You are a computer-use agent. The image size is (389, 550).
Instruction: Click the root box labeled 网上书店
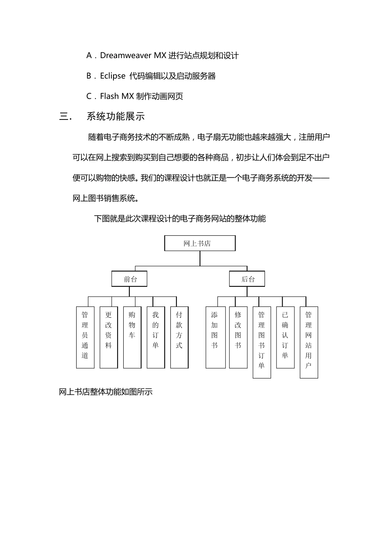tap(200, 243)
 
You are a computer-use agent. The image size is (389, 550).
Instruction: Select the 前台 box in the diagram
tap(129, 279)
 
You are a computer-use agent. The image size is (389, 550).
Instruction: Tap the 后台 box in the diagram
tap(247, 279)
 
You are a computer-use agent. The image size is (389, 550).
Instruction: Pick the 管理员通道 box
tap(85, 337)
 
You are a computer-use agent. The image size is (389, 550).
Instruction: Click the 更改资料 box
tap(109, 337)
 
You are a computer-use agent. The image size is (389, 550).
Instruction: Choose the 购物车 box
tap(132, 337)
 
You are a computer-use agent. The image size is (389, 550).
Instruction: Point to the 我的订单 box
tap(156, 337)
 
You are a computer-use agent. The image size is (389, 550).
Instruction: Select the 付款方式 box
tap(179, 337)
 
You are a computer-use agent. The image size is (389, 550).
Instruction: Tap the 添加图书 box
tap(215, 337)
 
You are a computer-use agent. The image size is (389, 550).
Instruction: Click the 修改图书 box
tap(238, 337)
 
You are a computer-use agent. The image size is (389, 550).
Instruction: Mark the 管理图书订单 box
tap(262, 342)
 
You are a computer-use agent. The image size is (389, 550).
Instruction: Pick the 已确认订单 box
tap(285, 337)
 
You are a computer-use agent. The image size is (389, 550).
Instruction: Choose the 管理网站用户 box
tap(309, 342)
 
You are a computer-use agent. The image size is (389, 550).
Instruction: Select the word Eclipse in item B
tap(113, 76)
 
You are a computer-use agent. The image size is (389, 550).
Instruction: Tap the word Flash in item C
tap(109, 96)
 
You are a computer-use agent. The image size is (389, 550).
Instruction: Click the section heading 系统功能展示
tap(115, 117)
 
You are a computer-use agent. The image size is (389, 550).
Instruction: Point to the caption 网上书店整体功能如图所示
tap(106, 392)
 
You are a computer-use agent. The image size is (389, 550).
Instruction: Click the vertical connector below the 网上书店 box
tap(200, 258)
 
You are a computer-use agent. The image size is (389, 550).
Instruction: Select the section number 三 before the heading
tap(64, 117)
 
